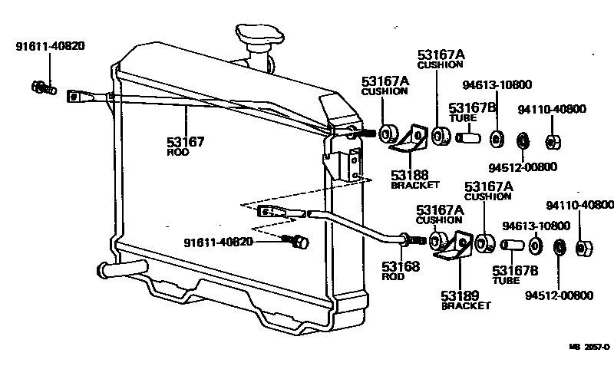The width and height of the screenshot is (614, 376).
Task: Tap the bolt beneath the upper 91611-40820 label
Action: (x=43, y=88)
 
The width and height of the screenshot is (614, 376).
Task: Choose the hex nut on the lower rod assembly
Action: (x=582, y=248)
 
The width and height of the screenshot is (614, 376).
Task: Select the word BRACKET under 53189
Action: (x=466, y=305)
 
